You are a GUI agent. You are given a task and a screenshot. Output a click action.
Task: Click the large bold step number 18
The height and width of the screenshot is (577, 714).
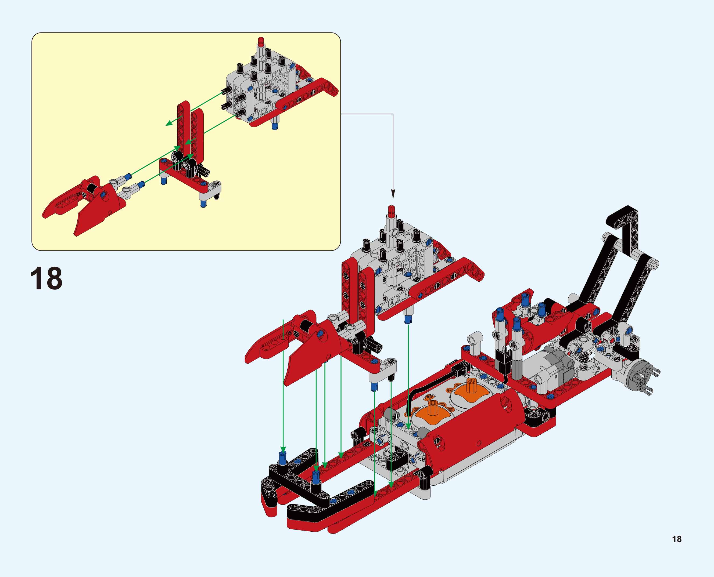[x=46, y=278]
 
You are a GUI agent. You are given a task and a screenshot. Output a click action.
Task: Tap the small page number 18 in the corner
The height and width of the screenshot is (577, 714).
[x=677, y=539]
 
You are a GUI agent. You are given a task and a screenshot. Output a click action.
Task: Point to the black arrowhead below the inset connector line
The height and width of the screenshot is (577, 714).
[x=393, y=194]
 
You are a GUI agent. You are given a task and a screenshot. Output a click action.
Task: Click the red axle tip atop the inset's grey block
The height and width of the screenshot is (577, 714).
[x=261, y=41]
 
